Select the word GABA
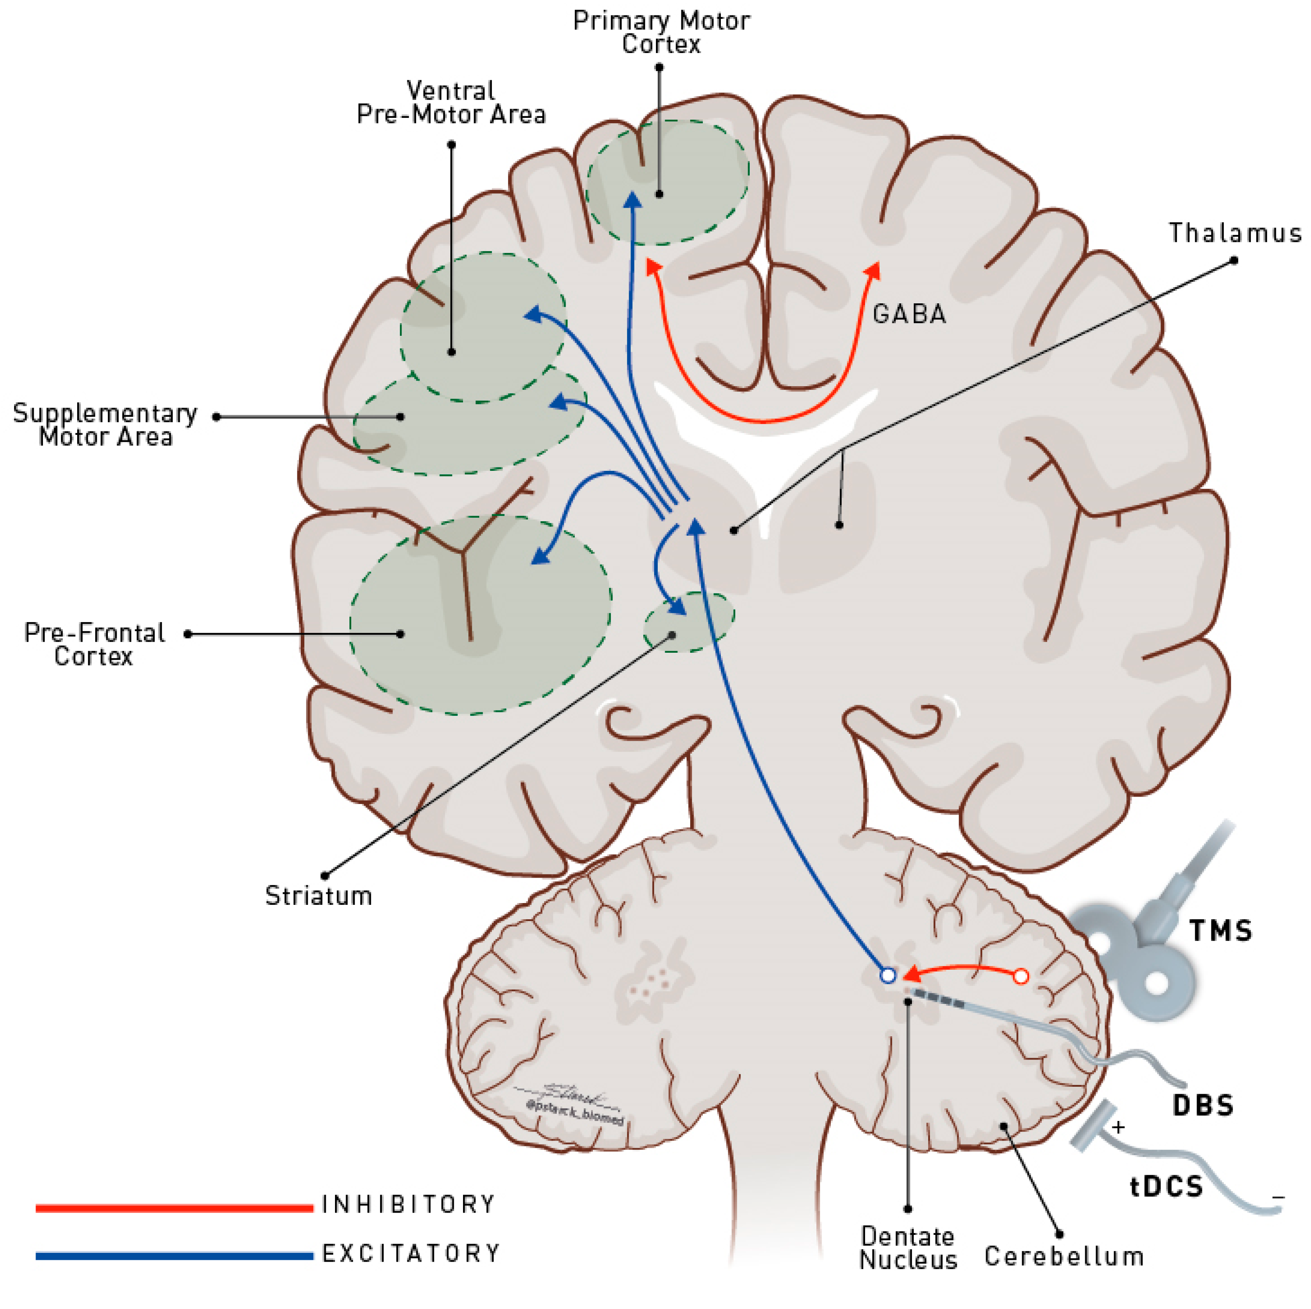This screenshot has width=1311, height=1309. pyautogui.click(x=908, y=314)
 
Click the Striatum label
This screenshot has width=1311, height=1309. pyautogui.click(x=318, y=896)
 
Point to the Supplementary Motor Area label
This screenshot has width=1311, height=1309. pyautogui.click(x=105, y=425)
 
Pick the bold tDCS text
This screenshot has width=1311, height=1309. pyautogui.click(x=1166, y=1186)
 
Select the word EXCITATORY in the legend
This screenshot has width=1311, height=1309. pyautogui.click(x=410, y=1253)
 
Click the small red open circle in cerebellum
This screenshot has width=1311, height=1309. pyautogui.click(x=1020, y=977)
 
